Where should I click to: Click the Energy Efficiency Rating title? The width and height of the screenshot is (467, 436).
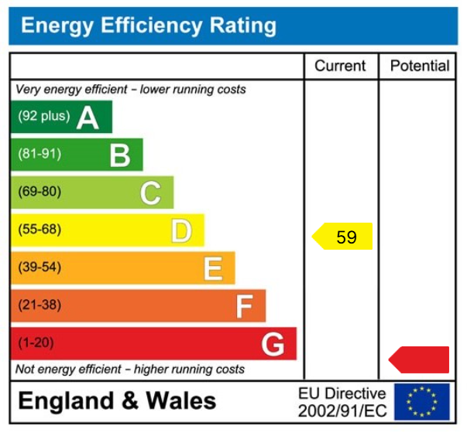coord(148,26)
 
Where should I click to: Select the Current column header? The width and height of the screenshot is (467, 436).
coord(340,66)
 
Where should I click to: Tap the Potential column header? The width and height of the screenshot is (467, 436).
coord(419,66)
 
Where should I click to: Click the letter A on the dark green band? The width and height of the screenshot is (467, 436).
coord(88,118)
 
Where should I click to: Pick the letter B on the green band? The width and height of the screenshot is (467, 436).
coord(119,155)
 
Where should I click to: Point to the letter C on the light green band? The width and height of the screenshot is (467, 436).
coord(150,193)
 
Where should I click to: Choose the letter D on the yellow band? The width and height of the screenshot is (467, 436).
coord(181,231)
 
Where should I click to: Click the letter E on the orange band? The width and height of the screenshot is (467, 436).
coord(213,269)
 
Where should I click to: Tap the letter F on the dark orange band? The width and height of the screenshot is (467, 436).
coord(244,307)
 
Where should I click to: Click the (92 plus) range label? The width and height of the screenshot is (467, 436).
coord(44,117)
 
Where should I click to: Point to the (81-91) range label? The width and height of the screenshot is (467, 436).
coord(39,155)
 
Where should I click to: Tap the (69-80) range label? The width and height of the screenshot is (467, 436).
coord(39,192)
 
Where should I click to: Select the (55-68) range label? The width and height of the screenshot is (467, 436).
coord(39,230)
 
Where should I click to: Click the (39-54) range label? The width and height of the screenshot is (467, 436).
coord(39,267)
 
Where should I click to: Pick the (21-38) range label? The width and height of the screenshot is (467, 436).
coord(39,305)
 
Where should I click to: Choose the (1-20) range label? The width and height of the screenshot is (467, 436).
coord(36,342)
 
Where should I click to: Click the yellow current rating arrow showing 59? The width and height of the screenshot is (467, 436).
coord(343,237)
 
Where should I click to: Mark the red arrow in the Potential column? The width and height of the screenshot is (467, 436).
coord(419,359)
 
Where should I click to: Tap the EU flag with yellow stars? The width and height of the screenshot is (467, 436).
coord(421,402)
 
